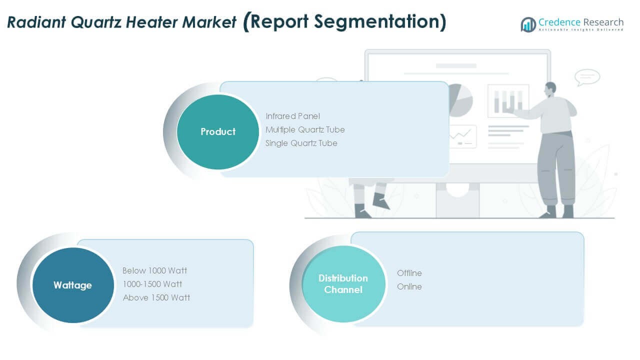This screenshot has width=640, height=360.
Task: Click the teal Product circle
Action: (x=218, y=132)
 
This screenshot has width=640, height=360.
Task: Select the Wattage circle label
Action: (x=72, y=285)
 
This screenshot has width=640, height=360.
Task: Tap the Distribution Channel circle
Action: (x=343, y=284)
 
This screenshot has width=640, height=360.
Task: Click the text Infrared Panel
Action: (x=292, y=116)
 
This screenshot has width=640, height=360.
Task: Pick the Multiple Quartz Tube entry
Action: (x=305, y=129)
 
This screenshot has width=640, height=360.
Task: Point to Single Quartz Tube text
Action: (x=301, y=143)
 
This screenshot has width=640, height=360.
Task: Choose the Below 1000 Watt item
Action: (x=154, y=270)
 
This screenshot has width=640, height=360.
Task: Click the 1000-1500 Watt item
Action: (x=152, y=284)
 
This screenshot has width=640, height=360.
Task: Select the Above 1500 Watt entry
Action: (x=156, y=297)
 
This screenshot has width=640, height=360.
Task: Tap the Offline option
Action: (x=409, y=273)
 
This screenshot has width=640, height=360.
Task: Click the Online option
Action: (x=409, y=286)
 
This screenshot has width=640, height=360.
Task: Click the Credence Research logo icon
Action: (x=528, y=24)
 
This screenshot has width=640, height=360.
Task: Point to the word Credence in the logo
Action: (x=559, y=22)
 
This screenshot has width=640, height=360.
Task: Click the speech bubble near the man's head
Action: (x=587, y=77)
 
